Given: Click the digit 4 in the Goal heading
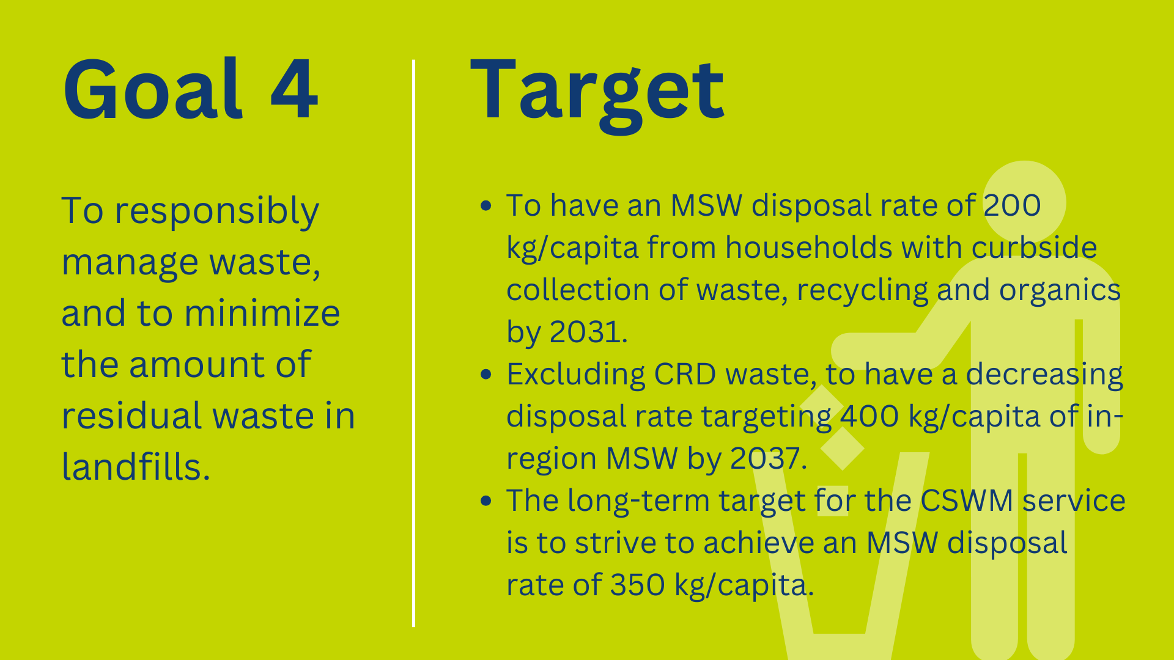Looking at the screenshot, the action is tap(294, 89).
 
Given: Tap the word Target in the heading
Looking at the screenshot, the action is tap(597, 95).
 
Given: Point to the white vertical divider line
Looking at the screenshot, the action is tap(414, 343).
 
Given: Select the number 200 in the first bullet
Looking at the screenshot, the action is tap(1011, 205).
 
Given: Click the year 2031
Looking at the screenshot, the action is tap(588, 332).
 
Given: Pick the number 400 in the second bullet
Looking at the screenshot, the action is tap(869, 416).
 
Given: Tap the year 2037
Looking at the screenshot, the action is tap(769, 458).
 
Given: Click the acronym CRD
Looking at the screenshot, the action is tap(685, 374).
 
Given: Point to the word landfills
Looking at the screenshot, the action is tap(136, 467).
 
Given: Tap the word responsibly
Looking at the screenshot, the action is tap(216, 212).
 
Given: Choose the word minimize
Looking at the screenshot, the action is tap(262, 313).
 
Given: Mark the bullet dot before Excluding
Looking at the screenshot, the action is tap(486, 374).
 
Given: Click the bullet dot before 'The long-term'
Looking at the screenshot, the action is tap(486, 501).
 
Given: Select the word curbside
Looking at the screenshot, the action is tap(1034, 248).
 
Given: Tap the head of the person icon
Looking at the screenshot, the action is tap(1024, 202).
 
